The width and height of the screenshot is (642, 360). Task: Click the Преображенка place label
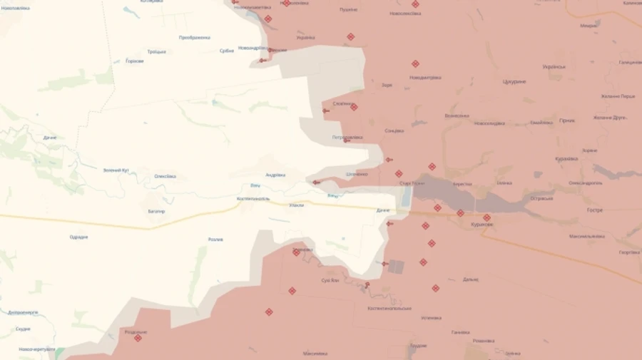tap(194, 37)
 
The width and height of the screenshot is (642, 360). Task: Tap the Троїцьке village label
tap(156, 51)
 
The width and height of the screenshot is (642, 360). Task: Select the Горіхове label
tap(134, 61)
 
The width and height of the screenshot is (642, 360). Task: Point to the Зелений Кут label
tap(116, 170)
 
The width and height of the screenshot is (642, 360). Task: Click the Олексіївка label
tap(165, 176)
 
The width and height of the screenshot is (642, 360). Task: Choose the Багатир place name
tap(156, 211)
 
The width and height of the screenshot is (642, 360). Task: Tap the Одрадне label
tap(78, 237)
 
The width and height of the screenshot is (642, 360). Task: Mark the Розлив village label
tap(215, 240)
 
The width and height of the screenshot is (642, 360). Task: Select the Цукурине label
tap(514, 81)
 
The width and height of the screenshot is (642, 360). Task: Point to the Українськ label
tap(554, 67)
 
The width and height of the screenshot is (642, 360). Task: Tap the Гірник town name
tap(567, 120)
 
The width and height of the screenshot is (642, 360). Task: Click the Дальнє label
tap(470, 279)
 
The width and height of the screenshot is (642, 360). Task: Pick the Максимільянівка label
tap(587, 236)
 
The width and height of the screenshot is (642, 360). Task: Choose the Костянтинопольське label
tap(389, 308)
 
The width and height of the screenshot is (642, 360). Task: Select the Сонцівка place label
tap(394, 130)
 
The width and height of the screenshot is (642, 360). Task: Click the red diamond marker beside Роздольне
tap(138, 338)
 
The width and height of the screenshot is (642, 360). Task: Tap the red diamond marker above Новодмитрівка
tap(415, 64)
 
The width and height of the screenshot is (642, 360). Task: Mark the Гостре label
tap(595, 210)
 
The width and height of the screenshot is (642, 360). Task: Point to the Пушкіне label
tap(348, 9)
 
